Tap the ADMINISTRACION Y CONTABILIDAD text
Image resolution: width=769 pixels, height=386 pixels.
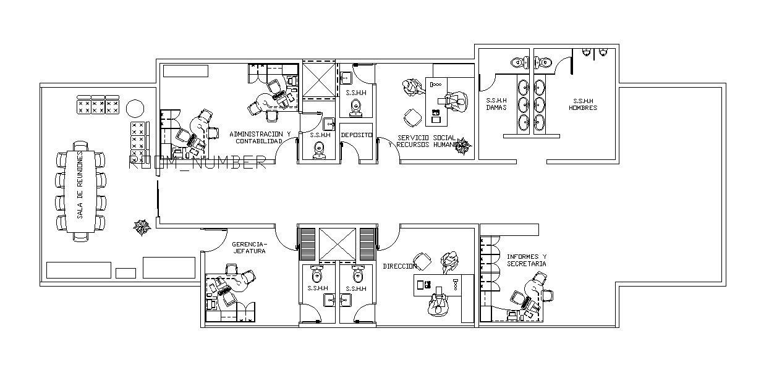click(x=260, y=137)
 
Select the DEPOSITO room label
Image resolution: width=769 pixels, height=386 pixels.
click(x=356, y=134)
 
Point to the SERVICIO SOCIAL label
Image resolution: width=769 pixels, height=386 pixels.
click(x=427, y=138)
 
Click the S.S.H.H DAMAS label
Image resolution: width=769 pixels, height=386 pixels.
click(x=496, y=104)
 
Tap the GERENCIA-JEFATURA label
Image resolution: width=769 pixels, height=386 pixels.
click(x=250, y=248)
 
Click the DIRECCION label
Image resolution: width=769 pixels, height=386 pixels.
click(x=399, y=266)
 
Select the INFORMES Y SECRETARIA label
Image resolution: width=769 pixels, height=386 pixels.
click(x=527, y=260)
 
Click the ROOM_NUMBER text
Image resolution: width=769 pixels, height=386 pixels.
click(x=197, y=163)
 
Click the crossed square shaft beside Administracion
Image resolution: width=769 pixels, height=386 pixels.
click(x=318, y=80)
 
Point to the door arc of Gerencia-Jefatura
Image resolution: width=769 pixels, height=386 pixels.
click(x=213, y=241)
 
